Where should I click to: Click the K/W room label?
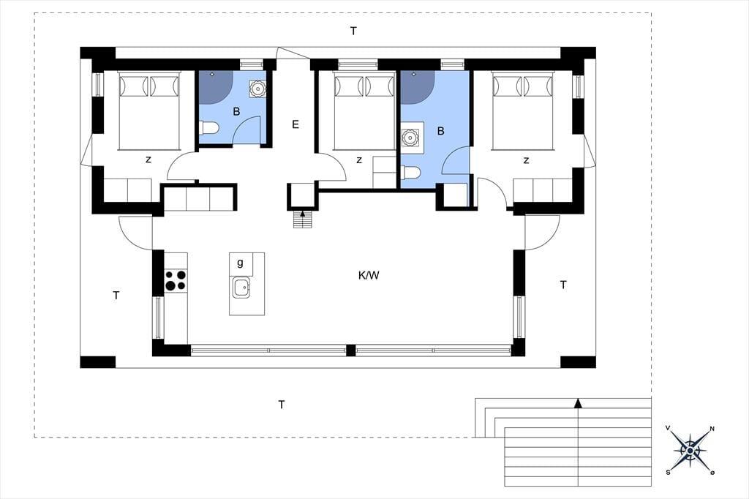pyautogui.click(x=369, y=275)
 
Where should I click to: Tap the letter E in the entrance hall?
pyautogui.click(x=296, y=124)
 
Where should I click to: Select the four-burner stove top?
pyautogui.click(x=176, y=280)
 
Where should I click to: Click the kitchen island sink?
pyautogui.click(x=241, y=288)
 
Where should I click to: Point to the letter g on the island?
pyautogui.click(x=240, y=263)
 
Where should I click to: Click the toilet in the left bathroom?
pyautogui.click(x=208, y=128)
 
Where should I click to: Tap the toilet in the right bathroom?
pyautogui.click(x=410, y=172)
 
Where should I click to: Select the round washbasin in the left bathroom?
pyautogui.click(x=258, y=89)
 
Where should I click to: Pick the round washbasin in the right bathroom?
pyautogui.click(x=410, y=138)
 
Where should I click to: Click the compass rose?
pyautogui.click(x=690, y=450)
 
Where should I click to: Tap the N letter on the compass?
pyautogui.click(x=712, y=429)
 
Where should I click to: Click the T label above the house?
pyautogui.click(x=353, y=31)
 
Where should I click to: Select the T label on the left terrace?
pyautogui.click(x=116, y=296)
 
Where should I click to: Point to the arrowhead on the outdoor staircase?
pyautogui.click(x=578, y=403)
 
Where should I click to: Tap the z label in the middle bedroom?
pyautogui.click(x=359, y=160)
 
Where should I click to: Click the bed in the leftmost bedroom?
pyautogui.click(x=149, y=111)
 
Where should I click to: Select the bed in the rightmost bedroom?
pyautogui.click(x=522, y=111)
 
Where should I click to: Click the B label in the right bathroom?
pyautogui.click(x=440, y=131)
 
